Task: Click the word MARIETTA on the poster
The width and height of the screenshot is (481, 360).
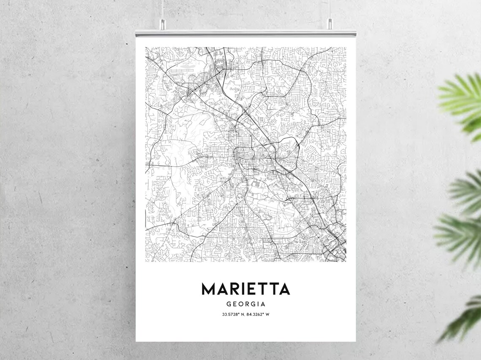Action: [246, 289]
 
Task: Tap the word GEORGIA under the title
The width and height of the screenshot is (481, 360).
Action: [246, 304]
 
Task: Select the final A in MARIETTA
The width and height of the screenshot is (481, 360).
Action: [284, 289]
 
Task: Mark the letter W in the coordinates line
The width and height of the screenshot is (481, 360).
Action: [268, 314]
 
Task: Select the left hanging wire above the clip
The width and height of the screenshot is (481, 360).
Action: [162, 11]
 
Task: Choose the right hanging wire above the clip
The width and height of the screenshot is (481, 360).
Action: [330, 11]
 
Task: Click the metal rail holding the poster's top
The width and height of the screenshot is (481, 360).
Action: [246, 32]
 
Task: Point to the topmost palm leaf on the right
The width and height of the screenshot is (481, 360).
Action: [462, 101]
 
